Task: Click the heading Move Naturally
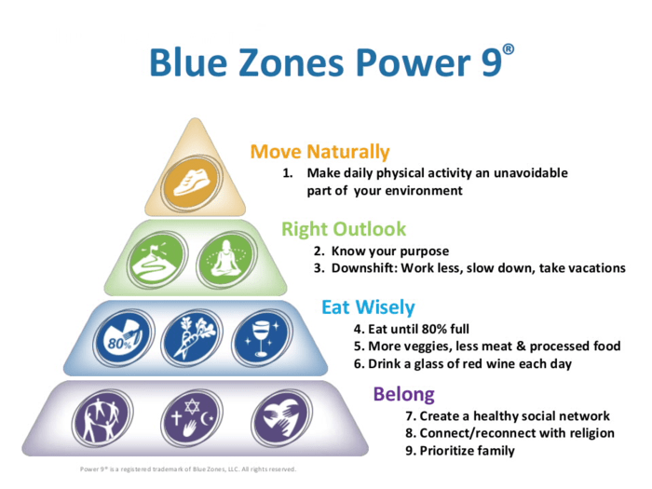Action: point(319,152)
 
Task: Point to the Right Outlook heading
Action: point(344,229)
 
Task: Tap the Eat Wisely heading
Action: point(368,306)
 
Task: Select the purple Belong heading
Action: point(403,393)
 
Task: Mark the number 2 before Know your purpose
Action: point(318,251)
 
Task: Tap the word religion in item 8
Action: point(589,433)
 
